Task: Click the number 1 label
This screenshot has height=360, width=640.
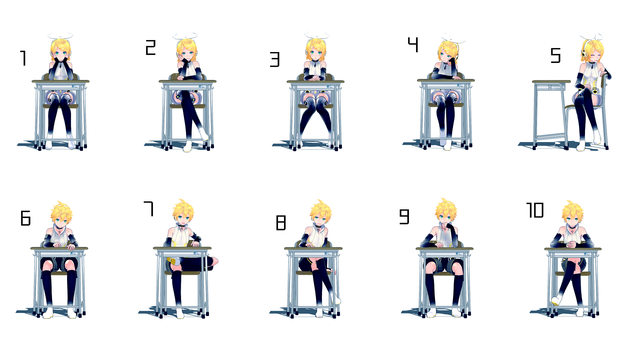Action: pyautogui.click(x=23, y=58)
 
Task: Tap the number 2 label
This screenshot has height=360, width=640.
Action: pyautogui.click(x=151, y=47)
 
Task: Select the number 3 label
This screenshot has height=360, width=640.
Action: pyautogui.click(x=275, y=59)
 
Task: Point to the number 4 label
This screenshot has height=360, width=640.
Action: pyautogui.click(x=413, y=44)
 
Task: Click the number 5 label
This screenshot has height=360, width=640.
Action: pyautogui.click(x=556, y=55)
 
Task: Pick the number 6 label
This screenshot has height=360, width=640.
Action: pyautogui.click(x=25, y=218)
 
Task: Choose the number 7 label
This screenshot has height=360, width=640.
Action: pyautogui.click(x=149, y=208)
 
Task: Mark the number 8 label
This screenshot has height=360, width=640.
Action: pyautogui.click(x=281, y=223)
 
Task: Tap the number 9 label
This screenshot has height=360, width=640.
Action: pyautogui.click(x=404, y=217)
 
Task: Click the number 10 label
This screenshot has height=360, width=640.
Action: pyautogui.click(x=535, y=210)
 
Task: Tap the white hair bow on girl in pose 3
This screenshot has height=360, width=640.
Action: pyautogui.click(x=316, y=36)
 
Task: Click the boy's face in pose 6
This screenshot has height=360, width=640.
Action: pyautogui.click(x=61, y=219)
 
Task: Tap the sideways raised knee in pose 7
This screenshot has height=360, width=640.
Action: pyautogui.click(x=211, y=263)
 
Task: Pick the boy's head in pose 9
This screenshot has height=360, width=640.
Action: pyautogui.click(x=445, y=212)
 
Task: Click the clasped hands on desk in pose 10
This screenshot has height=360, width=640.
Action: pyautogui.click(x=570, y=244)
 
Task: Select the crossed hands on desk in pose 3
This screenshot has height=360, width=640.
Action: pyautogui.click(x=315, y=77)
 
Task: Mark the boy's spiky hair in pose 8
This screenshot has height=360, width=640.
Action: pyautogui.click(x=320, y=209)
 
